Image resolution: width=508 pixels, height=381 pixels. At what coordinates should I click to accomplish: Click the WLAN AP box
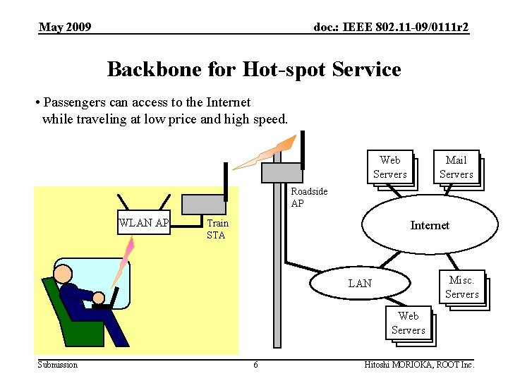145,224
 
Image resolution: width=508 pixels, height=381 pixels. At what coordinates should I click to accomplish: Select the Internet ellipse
429,225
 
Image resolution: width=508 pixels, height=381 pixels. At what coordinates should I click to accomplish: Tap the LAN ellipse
360,283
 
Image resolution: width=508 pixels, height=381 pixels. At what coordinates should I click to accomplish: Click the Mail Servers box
456,168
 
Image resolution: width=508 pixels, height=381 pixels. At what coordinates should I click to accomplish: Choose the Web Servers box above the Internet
389,168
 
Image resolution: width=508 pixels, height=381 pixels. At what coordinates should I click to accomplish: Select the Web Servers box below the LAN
408,323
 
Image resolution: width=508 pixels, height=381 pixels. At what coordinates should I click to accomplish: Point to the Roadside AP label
309,198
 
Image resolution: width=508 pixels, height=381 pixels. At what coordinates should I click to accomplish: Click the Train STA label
217,229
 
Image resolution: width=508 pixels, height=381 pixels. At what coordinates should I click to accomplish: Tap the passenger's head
64,274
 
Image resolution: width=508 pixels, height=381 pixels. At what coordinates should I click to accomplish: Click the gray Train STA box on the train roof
204,204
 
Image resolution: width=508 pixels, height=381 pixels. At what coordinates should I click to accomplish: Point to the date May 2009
65,28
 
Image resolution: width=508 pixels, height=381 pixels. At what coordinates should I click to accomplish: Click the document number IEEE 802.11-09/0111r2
391,28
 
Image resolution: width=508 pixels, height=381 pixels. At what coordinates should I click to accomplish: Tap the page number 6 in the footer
255,365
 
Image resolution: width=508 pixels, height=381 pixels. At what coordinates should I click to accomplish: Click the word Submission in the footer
58,365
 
